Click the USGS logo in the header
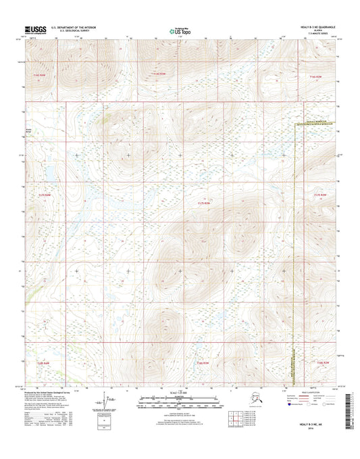pyautogui.click(x=36, y=29)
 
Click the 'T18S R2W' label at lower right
pyautogui.click(x=325, y=363)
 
